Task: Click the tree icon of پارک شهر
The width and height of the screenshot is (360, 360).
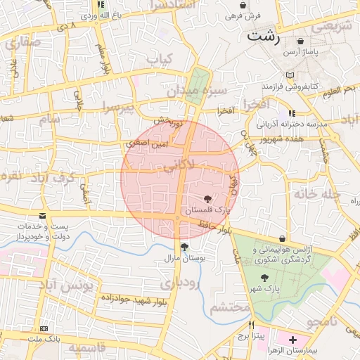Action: pos(264,278)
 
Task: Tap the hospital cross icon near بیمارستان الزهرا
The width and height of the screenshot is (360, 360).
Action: pos(292,340)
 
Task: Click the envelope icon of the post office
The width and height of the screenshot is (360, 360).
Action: pos(43,216)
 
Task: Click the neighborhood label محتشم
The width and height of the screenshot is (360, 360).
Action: pos(231,308)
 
